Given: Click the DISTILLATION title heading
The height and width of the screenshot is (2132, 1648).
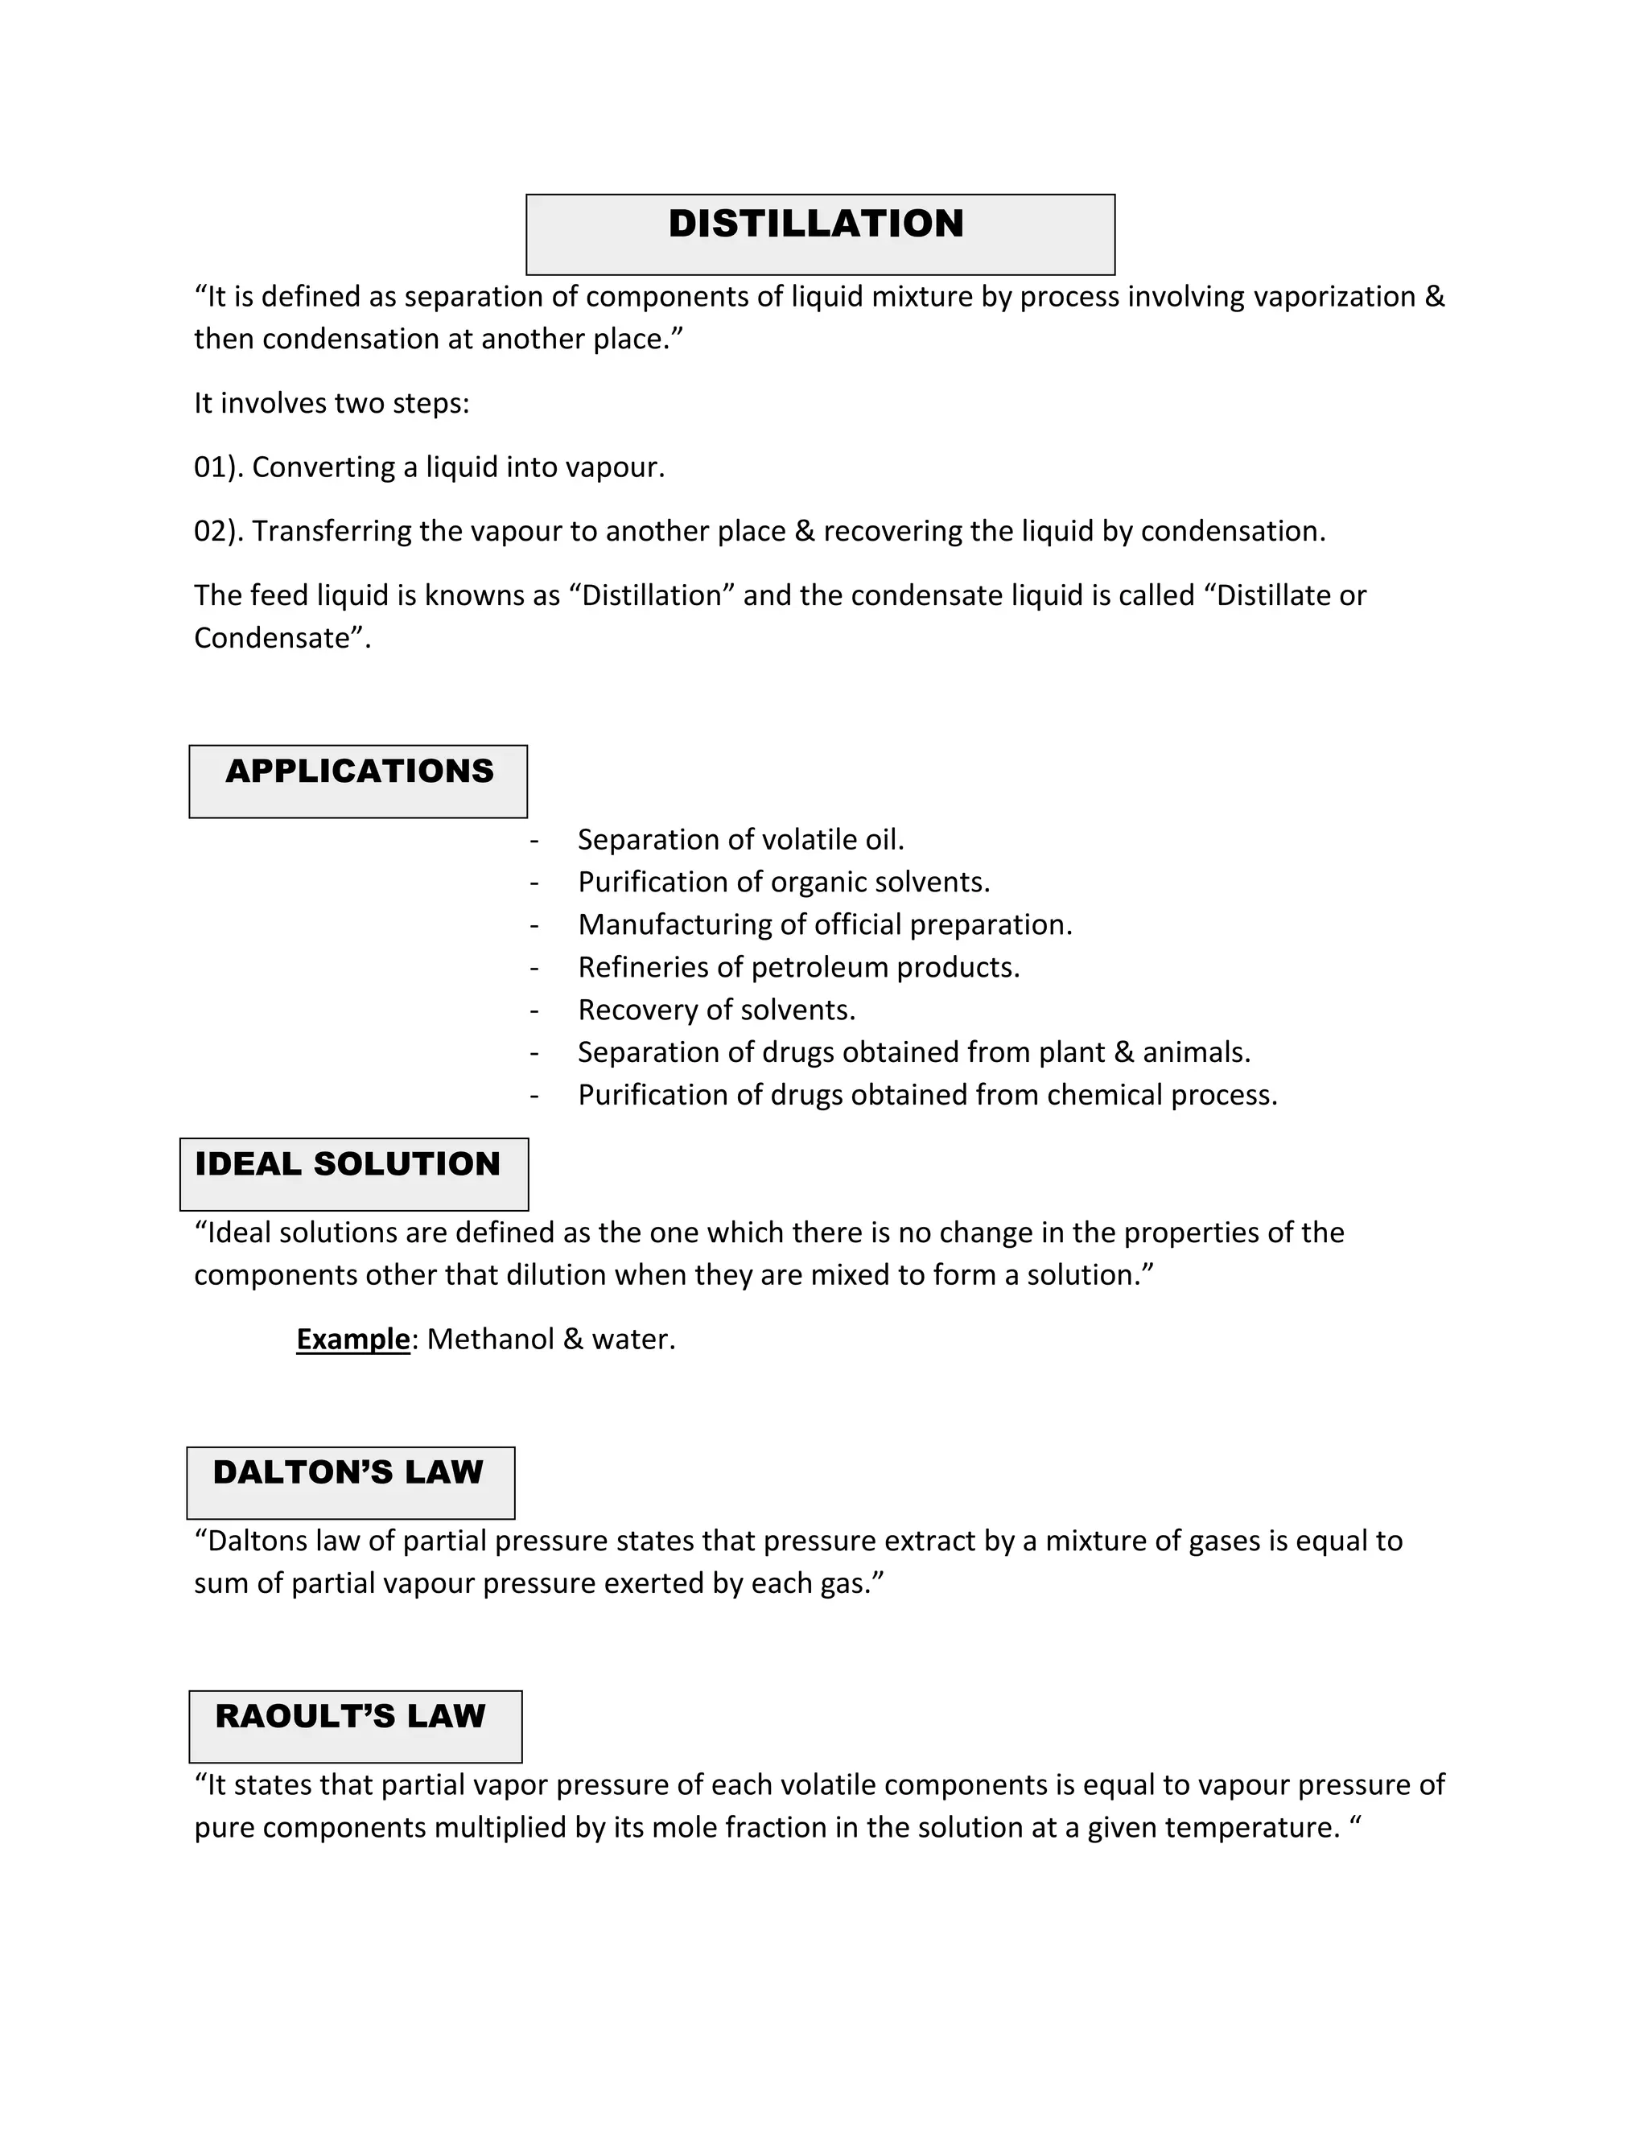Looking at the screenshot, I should click(x=815, y=224).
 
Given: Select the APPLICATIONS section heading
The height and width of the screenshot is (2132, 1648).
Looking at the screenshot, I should click(x=359, y=772).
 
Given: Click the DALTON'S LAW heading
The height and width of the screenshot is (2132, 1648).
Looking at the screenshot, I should click(x=348, y=1472).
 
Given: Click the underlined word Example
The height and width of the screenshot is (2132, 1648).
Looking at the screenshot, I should click(x=352, y=1339).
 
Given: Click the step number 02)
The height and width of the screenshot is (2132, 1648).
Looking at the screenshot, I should click(x=219, y=531).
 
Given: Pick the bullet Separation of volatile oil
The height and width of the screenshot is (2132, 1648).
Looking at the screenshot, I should click(x=741, y=839).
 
